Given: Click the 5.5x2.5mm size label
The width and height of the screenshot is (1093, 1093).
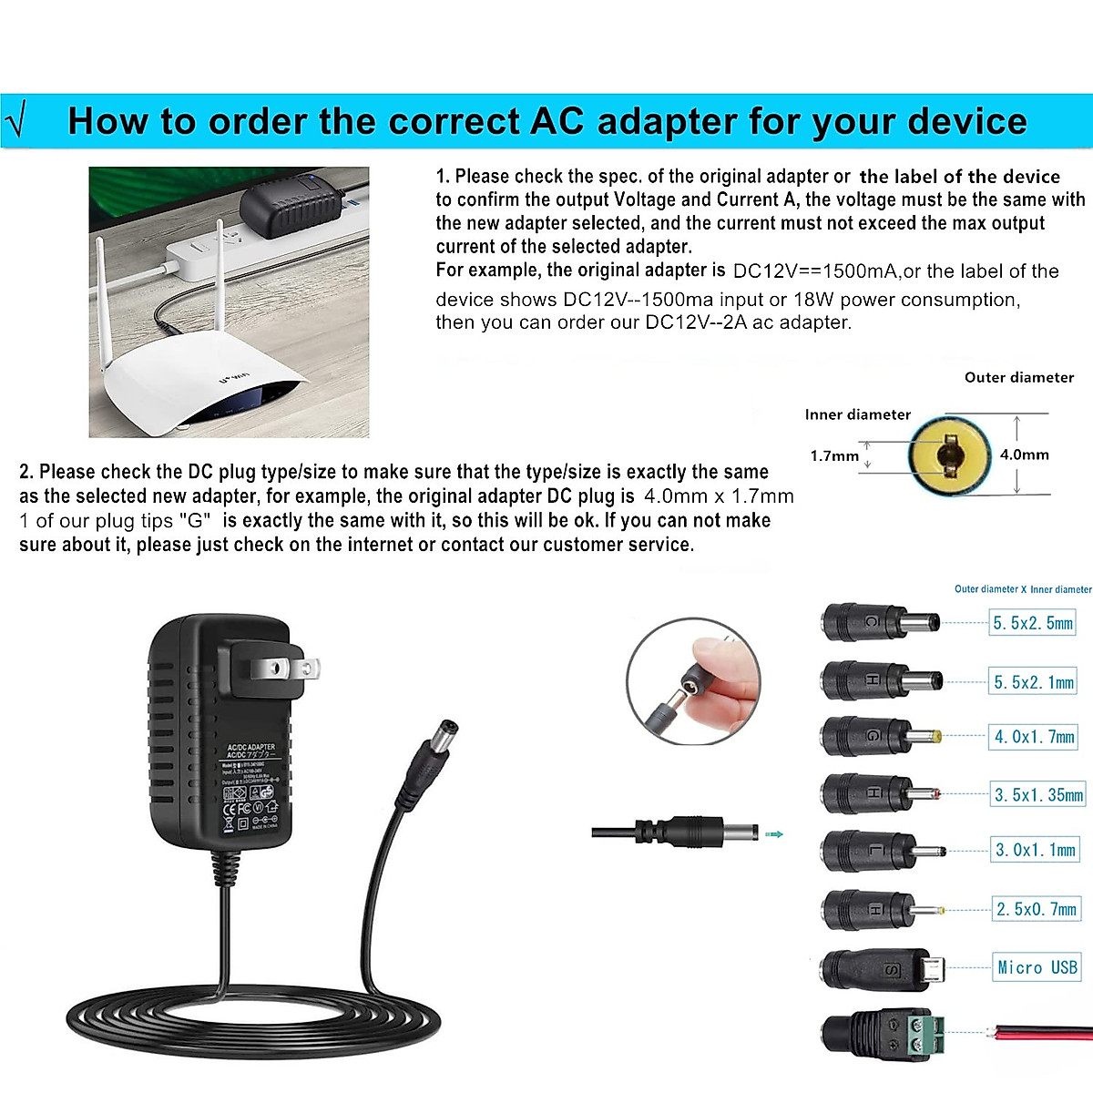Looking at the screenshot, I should click(1032, 623).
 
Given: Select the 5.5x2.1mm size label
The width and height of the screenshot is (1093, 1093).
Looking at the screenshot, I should click(1033, 682).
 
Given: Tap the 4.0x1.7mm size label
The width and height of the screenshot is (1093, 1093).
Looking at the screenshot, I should click(1034, 737).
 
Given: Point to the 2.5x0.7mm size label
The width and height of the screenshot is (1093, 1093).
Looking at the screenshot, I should click(1036, 909).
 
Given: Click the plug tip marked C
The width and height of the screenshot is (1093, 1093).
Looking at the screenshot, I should click(879, 623).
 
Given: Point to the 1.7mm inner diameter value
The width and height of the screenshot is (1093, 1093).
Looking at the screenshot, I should click(833, 455).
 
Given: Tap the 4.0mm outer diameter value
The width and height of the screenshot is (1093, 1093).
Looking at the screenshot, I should click(1024, 455).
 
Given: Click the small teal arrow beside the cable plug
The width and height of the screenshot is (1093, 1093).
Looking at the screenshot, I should click(774, 833).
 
